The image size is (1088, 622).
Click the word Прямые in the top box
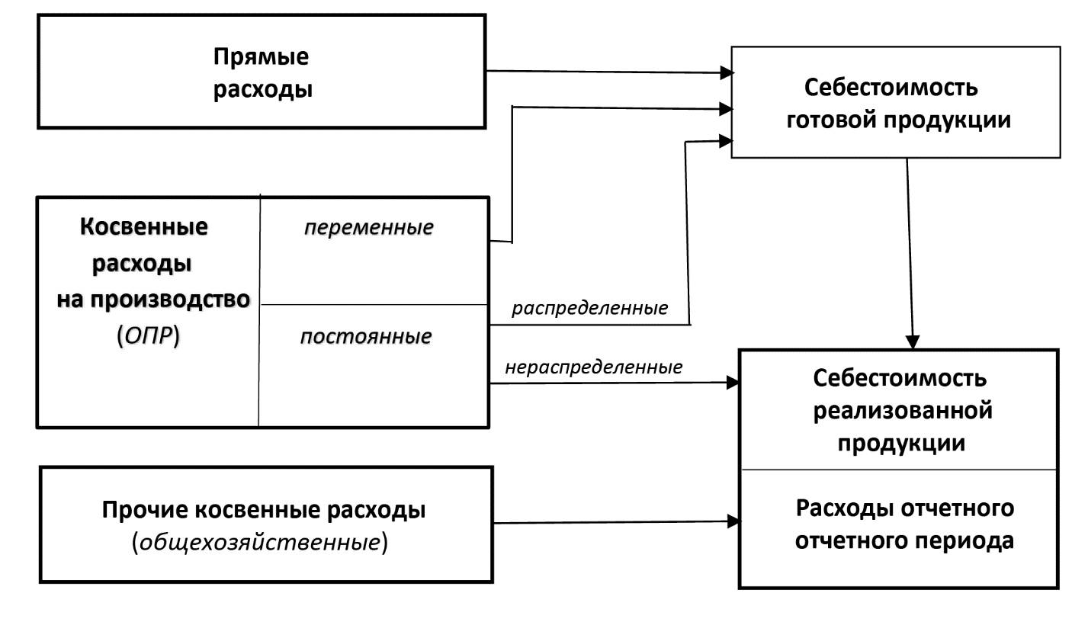point(262,57)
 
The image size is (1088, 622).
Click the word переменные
point(368,227)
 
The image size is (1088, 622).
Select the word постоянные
point(366,336)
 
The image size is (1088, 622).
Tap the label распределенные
point(589,308)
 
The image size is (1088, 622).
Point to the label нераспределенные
point(593,367)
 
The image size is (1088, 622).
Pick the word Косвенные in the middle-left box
point(143,226)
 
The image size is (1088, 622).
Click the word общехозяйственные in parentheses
point(259,543)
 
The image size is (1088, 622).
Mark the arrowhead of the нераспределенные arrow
point(733,383)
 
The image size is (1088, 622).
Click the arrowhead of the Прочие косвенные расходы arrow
point(733,521)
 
